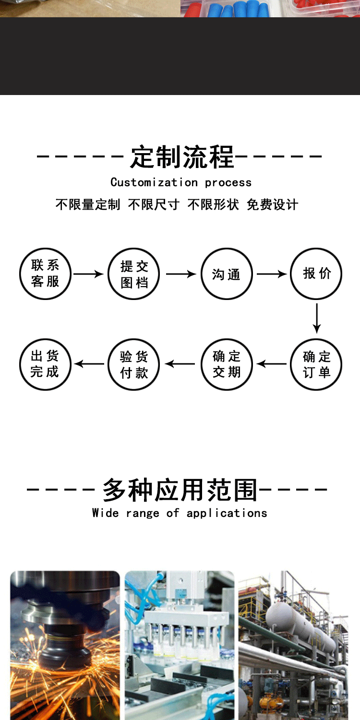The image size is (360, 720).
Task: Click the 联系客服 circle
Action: pyautogui.click(x=46, y=274)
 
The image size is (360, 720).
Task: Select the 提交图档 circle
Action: pyautogui.click(x=134, y=274)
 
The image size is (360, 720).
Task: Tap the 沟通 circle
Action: pyautogui.click(x=226, y=274)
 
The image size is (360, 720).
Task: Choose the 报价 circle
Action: pyautogui.click(x=316, y=274)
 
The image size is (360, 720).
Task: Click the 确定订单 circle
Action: pyautogui.click(x=316, y=364)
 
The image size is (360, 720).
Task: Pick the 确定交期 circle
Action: pyautogui.click(x=226, y=364)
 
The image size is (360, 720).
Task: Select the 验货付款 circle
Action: pyautogui.click(x=134, y=364)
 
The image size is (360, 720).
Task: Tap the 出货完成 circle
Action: pyautogui.click(x=46, y=364)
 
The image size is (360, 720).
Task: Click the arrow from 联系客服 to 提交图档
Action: pyautogui.click(x=88, y=274)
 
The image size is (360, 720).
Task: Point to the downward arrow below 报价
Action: pyautogui.click(x=316, y=318)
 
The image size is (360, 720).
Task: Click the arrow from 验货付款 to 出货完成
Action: pyautogui.click(x=89, y=364)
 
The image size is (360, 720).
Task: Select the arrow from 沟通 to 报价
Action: pyautogui.click(x=272, y=274)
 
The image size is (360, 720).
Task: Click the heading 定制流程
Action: pyautogui.click(x=182, y=157)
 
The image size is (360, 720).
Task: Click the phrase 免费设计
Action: pyautogui.click(x=273, y=204)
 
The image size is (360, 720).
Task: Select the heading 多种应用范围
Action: pyautogui.click(x=180, y=490)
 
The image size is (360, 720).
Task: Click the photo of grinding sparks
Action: pyautogui.click(x=65, y=646)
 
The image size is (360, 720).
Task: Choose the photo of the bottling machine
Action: pyautogui.click(x=180, y=646)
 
